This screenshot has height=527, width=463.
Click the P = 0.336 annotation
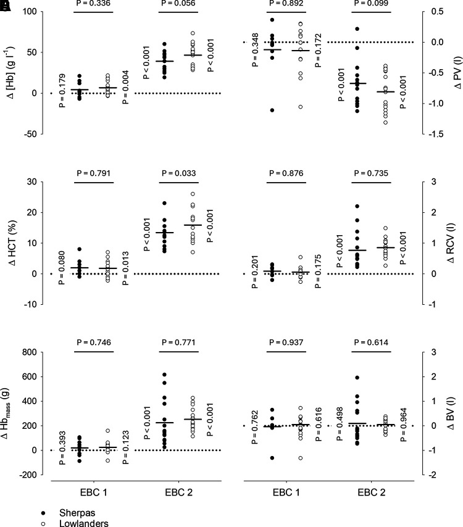coord(93,3)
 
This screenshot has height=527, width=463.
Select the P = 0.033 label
coord(178,173)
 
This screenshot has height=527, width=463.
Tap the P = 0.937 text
coord(286,342)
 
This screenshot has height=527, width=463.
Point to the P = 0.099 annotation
coord(371,3)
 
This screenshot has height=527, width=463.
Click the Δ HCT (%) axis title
coord(13,243)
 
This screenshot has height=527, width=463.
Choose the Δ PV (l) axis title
coord(457,73)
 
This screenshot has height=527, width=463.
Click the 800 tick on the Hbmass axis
coord(30,352)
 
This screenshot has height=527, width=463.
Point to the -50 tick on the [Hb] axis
coord(30,134)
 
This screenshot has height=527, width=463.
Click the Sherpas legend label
coord(77,513)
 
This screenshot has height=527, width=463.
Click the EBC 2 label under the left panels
coord(178,492)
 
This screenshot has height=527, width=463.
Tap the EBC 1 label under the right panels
coord(286,492)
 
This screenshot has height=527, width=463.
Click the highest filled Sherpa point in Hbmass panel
coord(164,375)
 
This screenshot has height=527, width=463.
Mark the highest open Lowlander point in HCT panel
coord(193,194)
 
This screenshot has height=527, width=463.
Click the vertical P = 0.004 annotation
coord(125,87)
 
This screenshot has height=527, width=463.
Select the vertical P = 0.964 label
coord(404,425)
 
